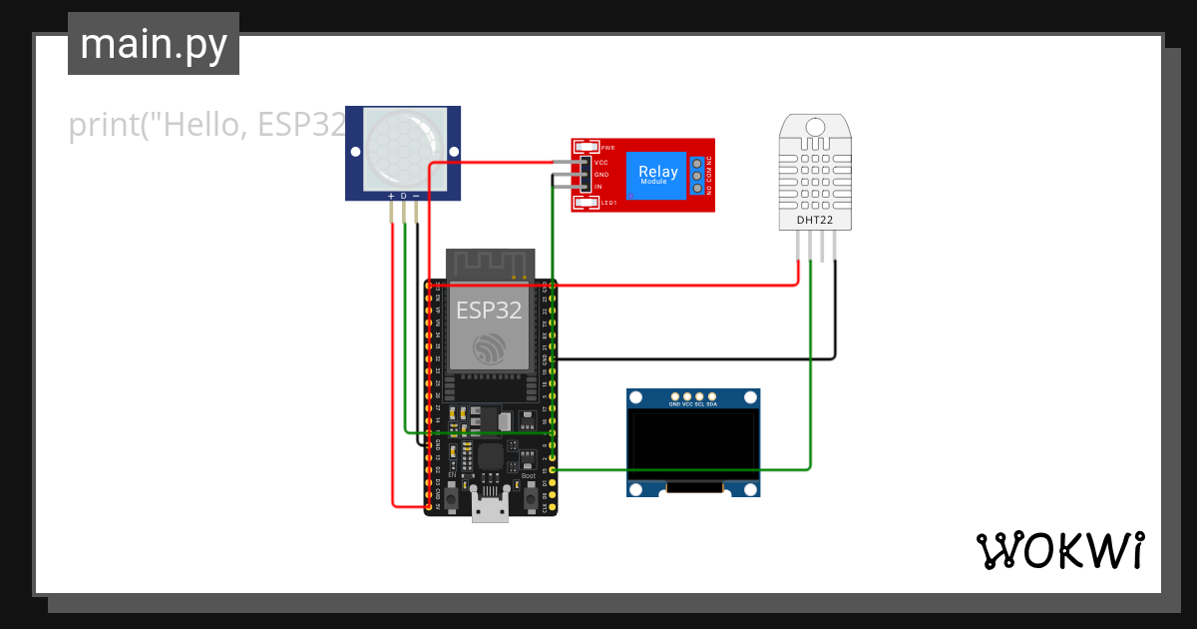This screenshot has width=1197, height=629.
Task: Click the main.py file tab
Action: [153, 44]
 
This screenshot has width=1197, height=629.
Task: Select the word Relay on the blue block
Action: [657, 171]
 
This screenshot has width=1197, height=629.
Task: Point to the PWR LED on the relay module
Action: [587, 147]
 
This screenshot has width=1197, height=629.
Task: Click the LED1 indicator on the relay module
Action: [587, 203]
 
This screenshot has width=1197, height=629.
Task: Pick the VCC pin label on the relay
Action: [601, 162]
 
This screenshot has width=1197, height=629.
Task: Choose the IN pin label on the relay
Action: [598, 187]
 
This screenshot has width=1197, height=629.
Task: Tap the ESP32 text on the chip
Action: [489, 310]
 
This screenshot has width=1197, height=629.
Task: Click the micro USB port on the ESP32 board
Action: [489, 510]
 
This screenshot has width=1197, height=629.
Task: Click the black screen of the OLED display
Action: [693, 441]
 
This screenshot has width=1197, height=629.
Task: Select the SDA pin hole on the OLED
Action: [712, 396]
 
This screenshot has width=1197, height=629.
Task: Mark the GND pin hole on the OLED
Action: [674, 396]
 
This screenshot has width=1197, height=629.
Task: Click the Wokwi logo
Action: [1059, 550]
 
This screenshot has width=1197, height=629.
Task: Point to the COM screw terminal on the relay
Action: [696, 175]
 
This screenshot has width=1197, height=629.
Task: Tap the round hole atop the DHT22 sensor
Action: [815, 127]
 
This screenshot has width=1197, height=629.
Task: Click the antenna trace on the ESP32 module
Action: [489, 263]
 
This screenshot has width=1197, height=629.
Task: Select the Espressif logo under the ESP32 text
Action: [489, 347]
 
